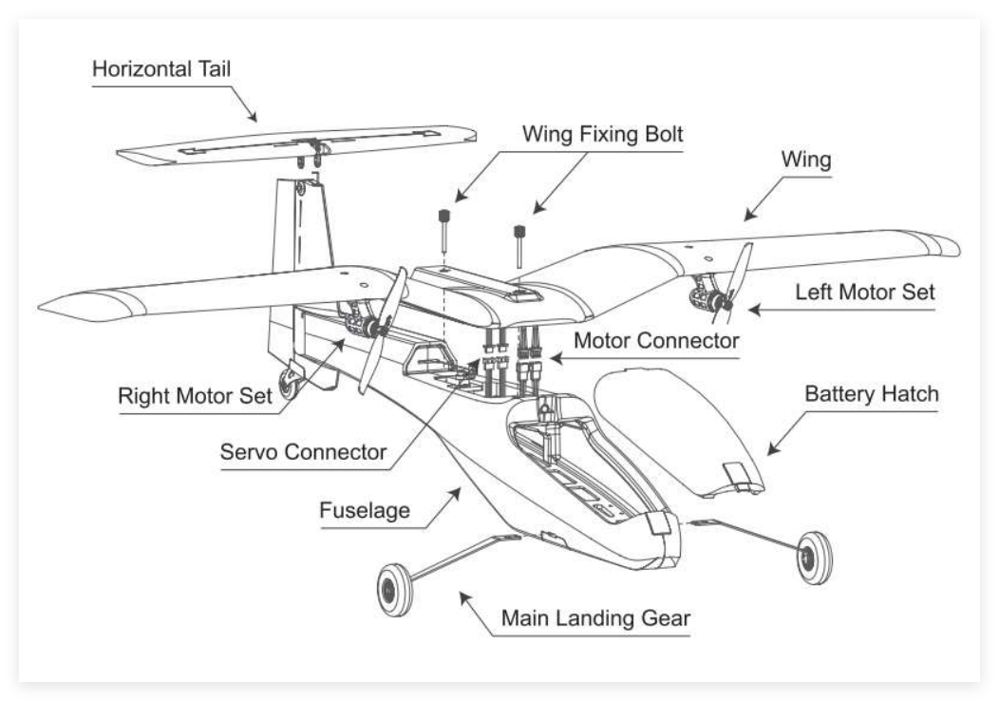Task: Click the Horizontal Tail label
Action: click(x=161, y=69)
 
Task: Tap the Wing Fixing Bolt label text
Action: click(x=602, y=134)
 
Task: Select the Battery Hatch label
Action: click(x=871, y=393)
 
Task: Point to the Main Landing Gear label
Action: click(x=595, y=618)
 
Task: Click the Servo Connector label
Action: click(x=303, y=452)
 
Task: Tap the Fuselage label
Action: click(x=365, y=510)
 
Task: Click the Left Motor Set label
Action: click(x=865, y=293)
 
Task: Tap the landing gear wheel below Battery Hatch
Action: click(x=814, y=557)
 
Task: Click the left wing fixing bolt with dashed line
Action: click(x=443, y=228)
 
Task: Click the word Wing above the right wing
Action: click(x=805, y=161)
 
